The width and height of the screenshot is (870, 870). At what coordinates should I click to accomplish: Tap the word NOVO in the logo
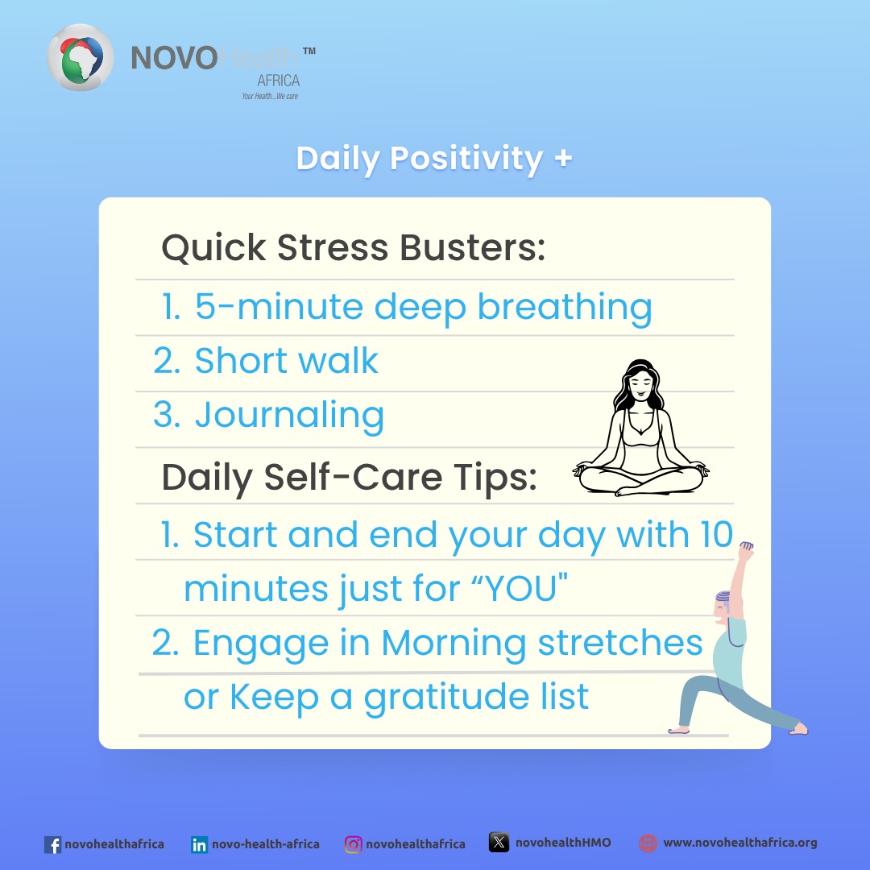(x=174, y=60)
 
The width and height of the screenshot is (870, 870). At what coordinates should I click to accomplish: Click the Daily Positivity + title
(x=434, y=158)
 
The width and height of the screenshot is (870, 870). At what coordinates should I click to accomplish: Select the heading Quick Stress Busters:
(x=354, y=248)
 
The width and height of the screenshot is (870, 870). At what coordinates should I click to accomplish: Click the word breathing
(x=565, y=308)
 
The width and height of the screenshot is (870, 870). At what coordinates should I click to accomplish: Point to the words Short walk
(x=286, y=362)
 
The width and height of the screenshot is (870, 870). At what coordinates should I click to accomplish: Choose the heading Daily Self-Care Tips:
(x=349, y=477)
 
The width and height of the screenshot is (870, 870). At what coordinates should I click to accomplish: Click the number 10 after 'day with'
(x=715, y=535)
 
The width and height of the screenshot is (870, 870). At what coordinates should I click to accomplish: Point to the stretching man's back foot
(x=797, y=728)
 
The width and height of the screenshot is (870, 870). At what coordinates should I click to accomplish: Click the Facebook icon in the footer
(x=53, y=844)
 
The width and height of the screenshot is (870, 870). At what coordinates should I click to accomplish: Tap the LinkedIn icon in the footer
(x=199, y=844)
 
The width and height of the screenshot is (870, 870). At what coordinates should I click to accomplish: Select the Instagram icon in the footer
(x=353, y=844)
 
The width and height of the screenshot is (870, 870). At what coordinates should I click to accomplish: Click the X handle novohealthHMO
(x=562, y=843)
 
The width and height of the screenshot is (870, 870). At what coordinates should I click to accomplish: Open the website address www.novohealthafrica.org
(x=739, y=843)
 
